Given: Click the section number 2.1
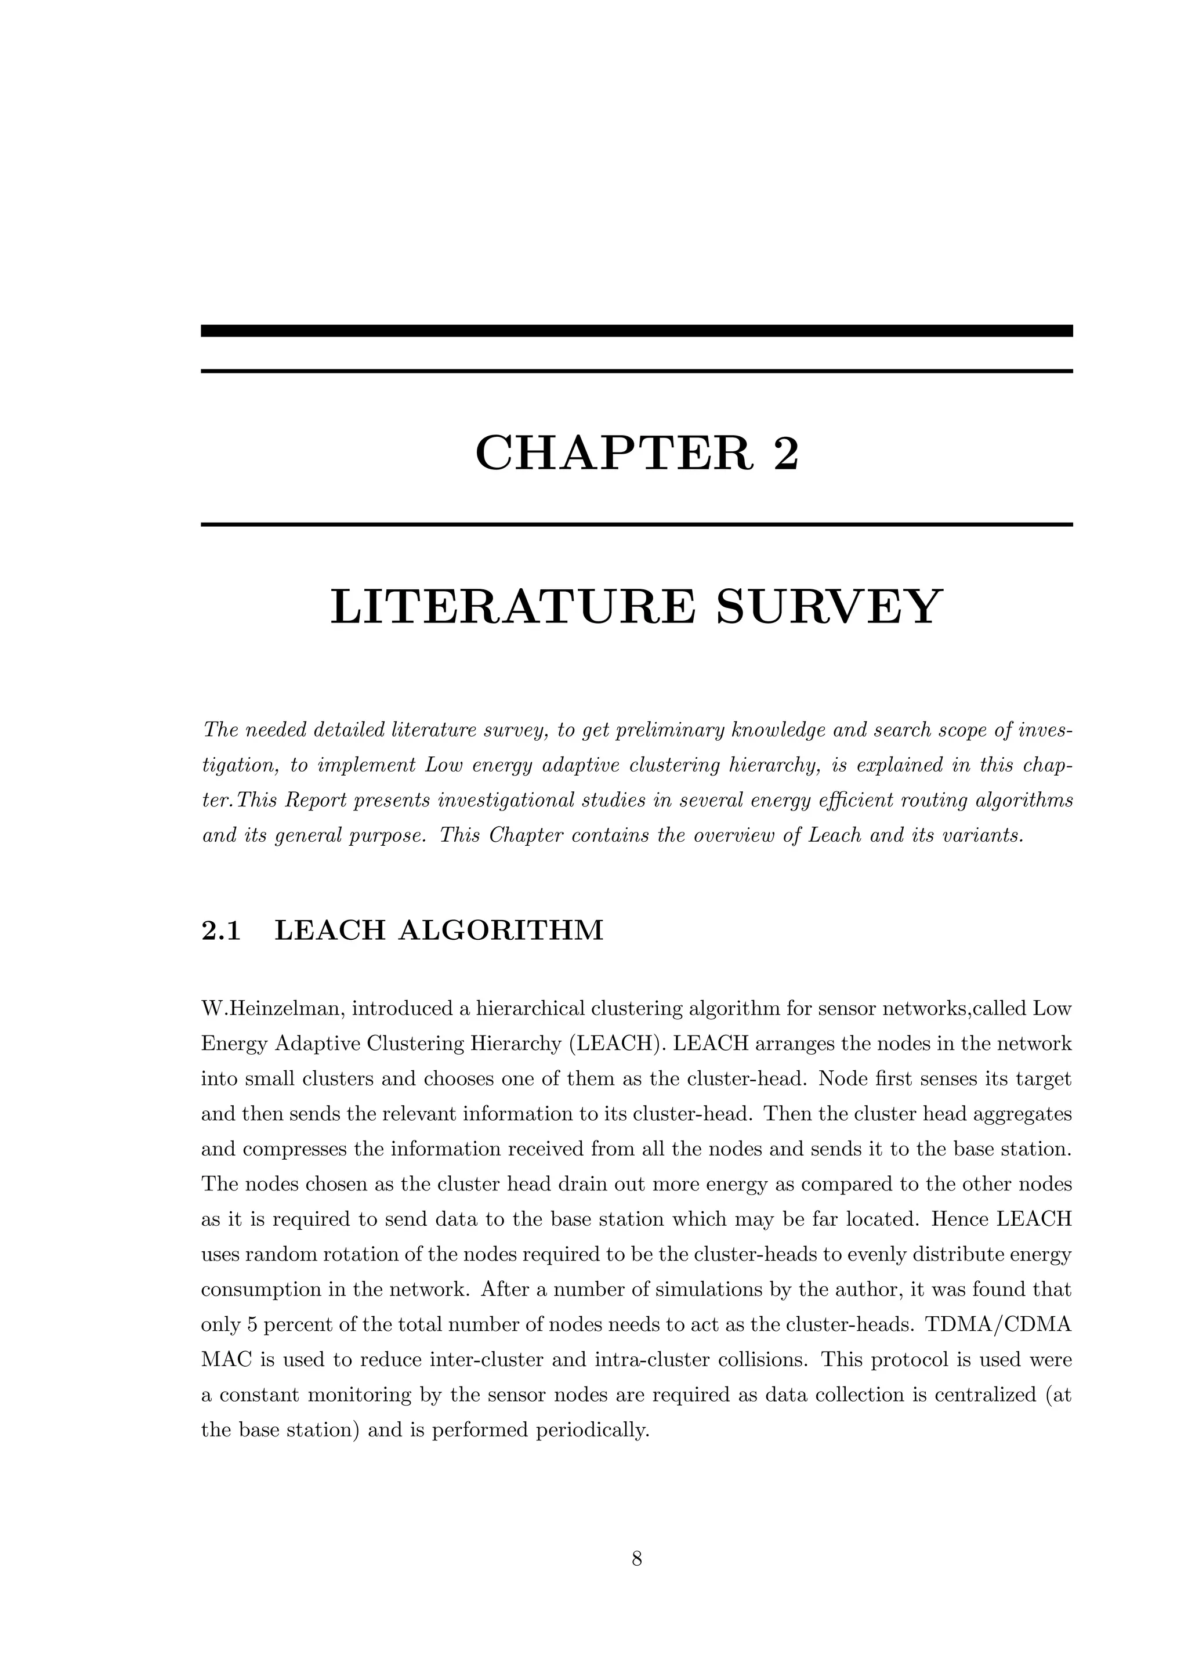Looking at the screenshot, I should [x=220, y=930].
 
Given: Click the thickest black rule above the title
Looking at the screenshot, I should [x=636, y=331].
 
